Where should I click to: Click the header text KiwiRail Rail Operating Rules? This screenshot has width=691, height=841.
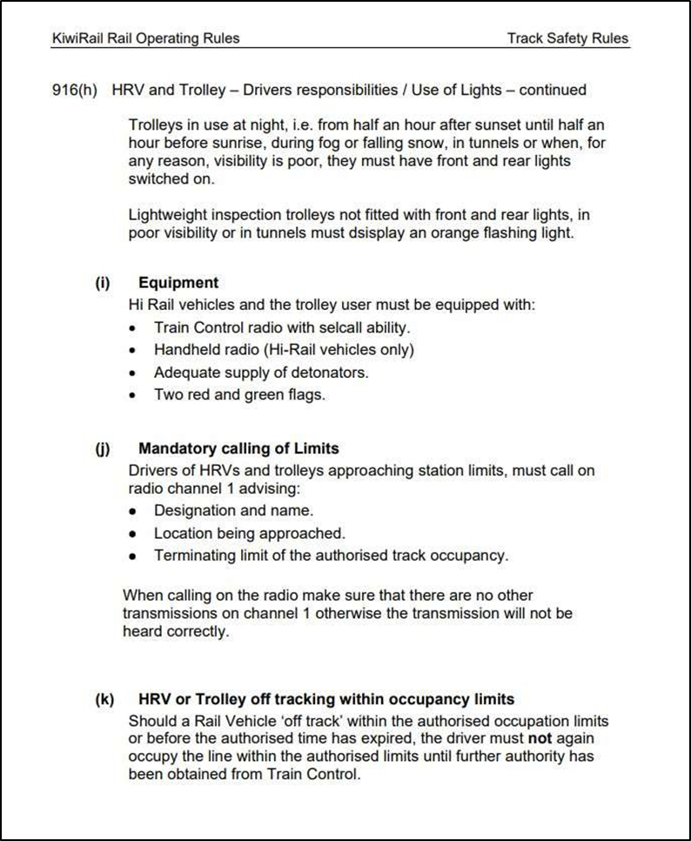145,38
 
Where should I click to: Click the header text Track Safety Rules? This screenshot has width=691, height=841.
567,38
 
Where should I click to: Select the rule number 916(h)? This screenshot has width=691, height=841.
75,90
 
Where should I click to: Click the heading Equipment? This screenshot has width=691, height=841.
178,283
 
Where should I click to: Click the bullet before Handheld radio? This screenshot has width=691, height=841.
132,350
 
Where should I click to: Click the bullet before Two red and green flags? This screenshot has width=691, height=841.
132,395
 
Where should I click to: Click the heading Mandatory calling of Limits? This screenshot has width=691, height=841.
238,449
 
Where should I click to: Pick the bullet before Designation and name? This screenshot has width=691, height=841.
132,511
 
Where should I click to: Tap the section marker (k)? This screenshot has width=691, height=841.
104,699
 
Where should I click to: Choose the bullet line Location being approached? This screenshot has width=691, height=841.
249,534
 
